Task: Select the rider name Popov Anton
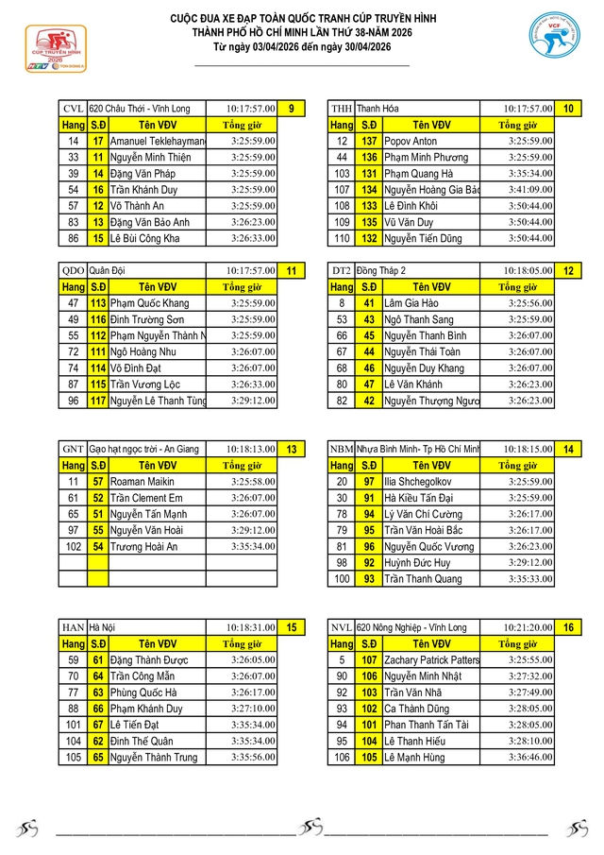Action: click(x=411, y=141)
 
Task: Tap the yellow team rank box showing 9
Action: click(x=291, y=109)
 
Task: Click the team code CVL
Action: click(x=73, y=109)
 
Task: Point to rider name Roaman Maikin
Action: click(x=142, y=482)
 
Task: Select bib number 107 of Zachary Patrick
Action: click(x=369, y=659)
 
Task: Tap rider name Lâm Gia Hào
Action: click(x=411, y=303)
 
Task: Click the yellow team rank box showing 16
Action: click(x=569, y=627)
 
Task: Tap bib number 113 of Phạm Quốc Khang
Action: click(x=98, y=303)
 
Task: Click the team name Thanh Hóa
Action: click(x=378, y=109)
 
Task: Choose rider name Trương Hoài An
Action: click(x=145, y=546)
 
